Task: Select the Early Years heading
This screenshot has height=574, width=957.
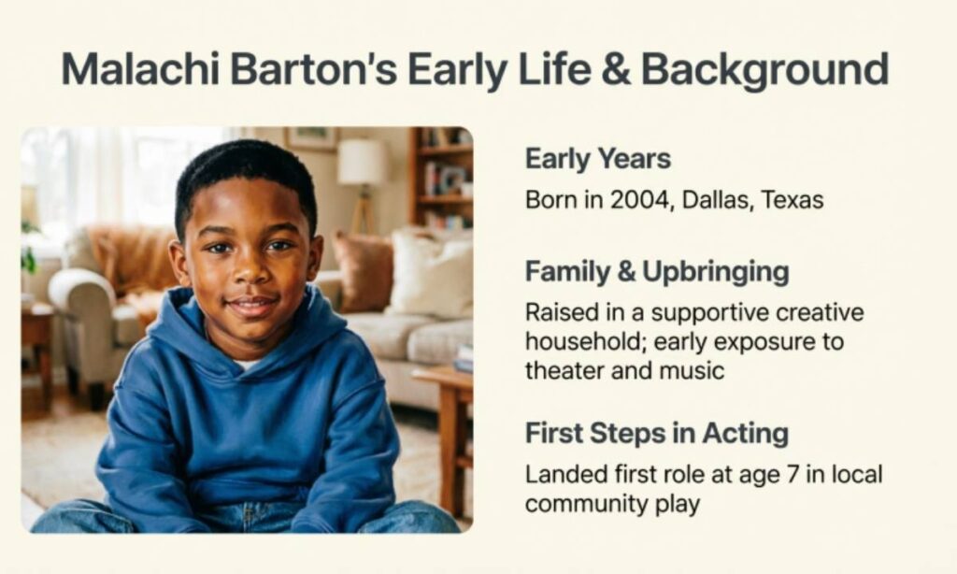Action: coord(597,159)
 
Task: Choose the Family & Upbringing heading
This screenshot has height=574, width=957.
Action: coord(656,272)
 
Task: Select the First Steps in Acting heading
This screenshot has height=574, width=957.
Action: coord(656,434)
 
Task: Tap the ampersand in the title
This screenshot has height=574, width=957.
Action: coord(612,70)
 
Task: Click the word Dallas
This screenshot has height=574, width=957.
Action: coord(714,200)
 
